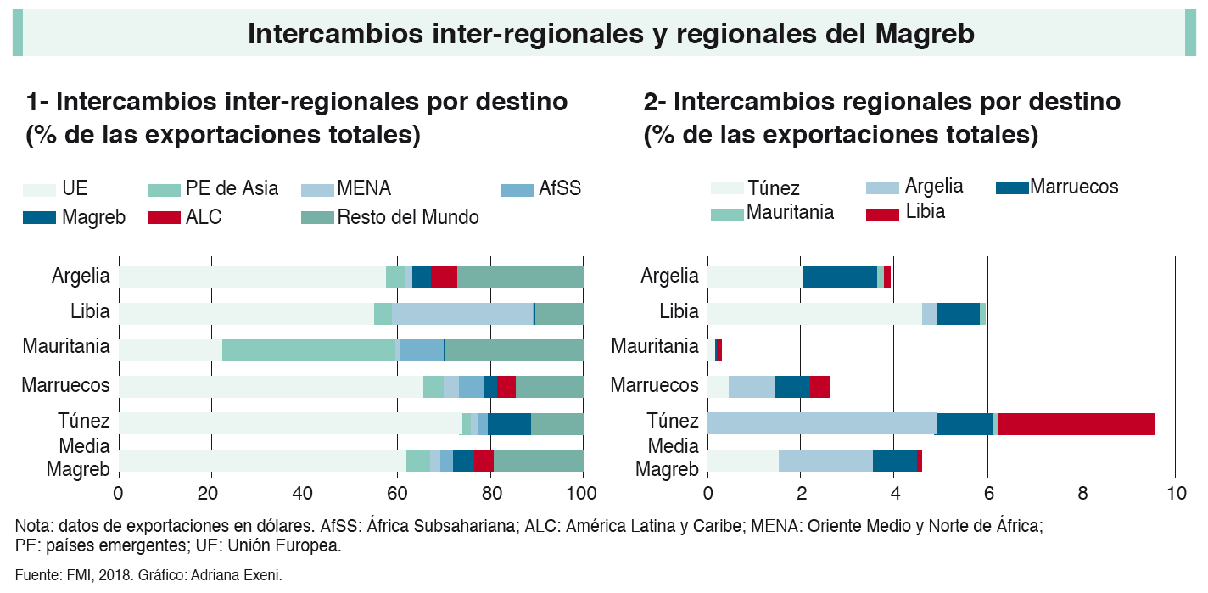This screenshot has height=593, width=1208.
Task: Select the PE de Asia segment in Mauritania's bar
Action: tap(309, 350)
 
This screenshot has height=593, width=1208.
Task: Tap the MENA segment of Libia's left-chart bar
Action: tap(462, 313)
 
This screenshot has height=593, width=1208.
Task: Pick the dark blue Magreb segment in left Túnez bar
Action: tap(509, 423)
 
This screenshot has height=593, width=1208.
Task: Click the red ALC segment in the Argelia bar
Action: tap(444, 277)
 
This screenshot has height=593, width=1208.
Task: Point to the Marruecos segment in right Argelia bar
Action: tap(840, 277)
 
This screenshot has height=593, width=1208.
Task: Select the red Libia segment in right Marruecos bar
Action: tap(820, 387)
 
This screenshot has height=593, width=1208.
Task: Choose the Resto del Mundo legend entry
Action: tap(407, 217)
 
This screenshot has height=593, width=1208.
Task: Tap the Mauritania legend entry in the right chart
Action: tap(790, 213)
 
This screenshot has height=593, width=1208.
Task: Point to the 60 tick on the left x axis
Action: tap(397, 493)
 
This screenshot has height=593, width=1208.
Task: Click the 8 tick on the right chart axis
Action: tap(1082, 493)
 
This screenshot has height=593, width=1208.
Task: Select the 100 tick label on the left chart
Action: tap(583, 493)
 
